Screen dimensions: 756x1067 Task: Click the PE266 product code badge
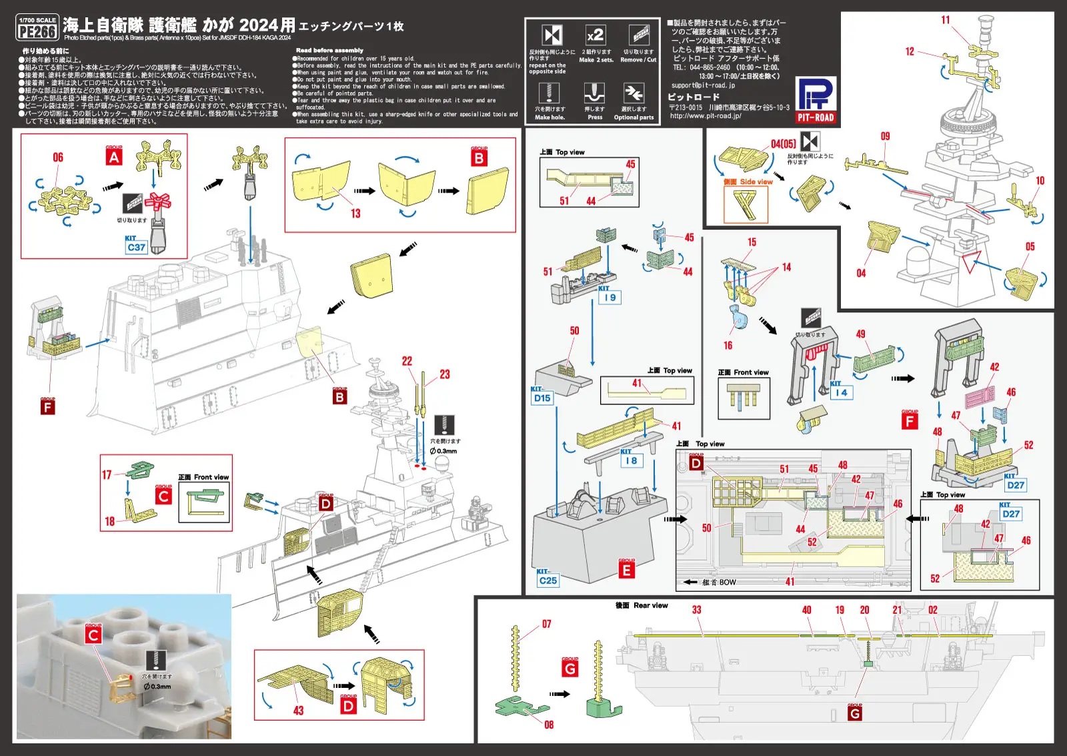(x=37, y=31)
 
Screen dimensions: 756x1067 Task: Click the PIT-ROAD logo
(x=816, y=101)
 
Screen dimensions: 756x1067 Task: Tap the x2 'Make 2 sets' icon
(x=595, y=35)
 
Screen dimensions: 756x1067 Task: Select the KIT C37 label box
(x=136, y=246)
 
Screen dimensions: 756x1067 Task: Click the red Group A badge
(x=114, y=157)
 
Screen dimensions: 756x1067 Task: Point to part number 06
(x=58, y=157)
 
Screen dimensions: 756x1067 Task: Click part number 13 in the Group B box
(x=355, y=214)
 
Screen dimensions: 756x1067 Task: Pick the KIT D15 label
(x=542, y=398)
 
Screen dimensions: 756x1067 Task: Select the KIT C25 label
(x=548, y=580)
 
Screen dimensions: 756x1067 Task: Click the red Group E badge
(x=626, y=571)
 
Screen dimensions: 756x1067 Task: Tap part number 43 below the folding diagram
(x=298, y=711)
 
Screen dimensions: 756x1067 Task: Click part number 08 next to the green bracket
(x=549, y=725)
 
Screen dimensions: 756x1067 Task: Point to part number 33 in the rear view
(x=696, y=610)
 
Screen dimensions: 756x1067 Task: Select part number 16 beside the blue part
(x=728, y=346)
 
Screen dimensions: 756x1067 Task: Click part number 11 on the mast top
(x=945, y=20)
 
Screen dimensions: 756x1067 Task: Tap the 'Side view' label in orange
(x=756, y=181)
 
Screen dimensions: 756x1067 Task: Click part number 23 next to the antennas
(x=445, y=374)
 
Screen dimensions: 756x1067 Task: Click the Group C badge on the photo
(x=93, y=635)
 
